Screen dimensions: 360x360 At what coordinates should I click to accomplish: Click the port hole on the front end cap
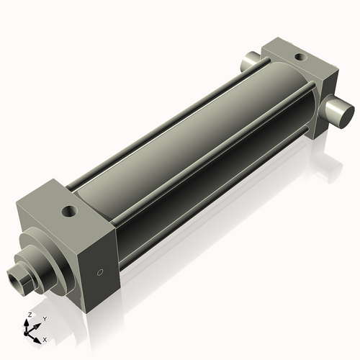coord(70,212)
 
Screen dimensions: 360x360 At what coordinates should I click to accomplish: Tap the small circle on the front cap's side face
coord(100,273)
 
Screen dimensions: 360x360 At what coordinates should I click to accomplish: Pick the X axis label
coord(45,338)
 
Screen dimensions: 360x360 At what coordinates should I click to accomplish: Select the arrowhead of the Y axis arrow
coord(37,323)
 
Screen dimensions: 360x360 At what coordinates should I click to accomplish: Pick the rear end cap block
coord(302,79)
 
